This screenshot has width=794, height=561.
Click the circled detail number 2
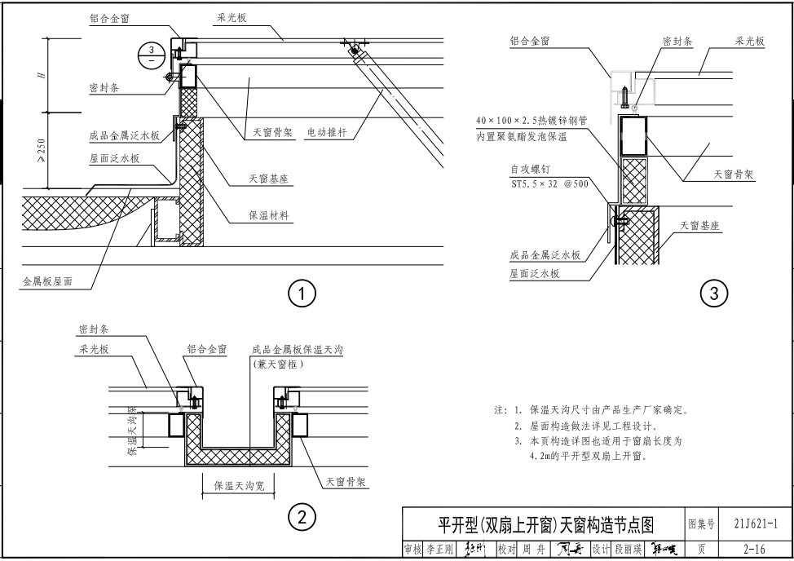tap(302, 516)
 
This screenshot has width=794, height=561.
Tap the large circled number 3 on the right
tap(715, 293)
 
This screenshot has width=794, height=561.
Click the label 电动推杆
tap(327, 133)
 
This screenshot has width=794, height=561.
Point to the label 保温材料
tap(271, 216)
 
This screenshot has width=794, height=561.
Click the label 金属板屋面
tap(47, 281)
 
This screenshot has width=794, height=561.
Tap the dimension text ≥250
tap(41, 150)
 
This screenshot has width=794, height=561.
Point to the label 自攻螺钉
tap(530, 170)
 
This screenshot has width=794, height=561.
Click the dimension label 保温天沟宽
tap(239, 486)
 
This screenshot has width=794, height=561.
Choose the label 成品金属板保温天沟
tap(298, 351)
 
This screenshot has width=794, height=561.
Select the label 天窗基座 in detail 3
tap(699, 226)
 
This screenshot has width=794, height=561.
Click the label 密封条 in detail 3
tap(677, 42)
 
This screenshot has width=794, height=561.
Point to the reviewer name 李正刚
tap(439, 550)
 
